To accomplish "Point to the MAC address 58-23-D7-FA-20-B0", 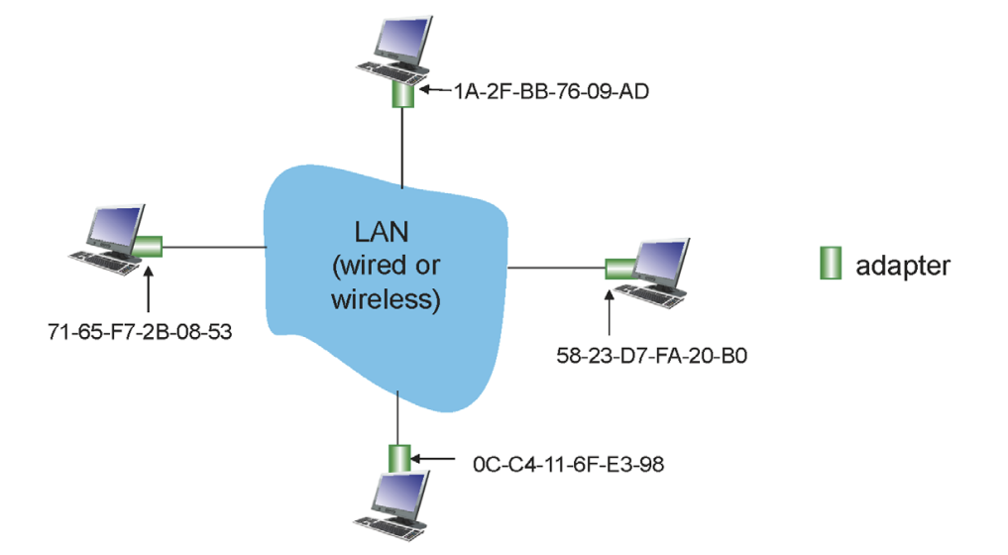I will tap(651, 353).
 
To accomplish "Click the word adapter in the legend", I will tap(903, 266).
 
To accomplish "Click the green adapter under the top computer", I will tap(402, 94).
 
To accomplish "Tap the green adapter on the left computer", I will tap(150, 245).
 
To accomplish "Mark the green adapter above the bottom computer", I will tap(398, 459).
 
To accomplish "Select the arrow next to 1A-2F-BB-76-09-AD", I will tap(434, 91).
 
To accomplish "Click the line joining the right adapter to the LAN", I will tap(555, 267).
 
